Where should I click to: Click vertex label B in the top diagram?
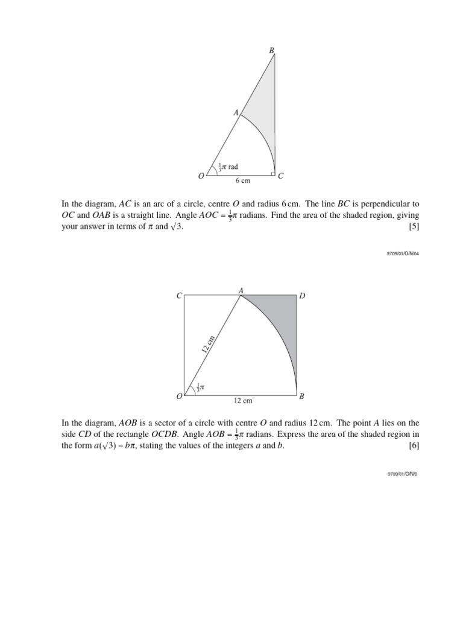271,48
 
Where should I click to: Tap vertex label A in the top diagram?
236,112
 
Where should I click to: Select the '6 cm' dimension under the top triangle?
242,180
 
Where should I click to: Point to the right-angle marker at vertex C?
272,173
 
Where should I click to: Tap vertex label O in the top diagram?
201,176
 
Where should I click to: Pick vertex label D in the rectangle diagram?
303,296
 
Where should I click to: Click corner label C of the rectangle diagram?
178,296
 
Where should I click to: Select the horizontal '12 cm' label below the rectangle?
242,401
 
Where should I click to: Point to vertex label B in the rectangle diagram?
303,397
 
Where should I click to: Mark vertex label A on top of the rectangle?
241,290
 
